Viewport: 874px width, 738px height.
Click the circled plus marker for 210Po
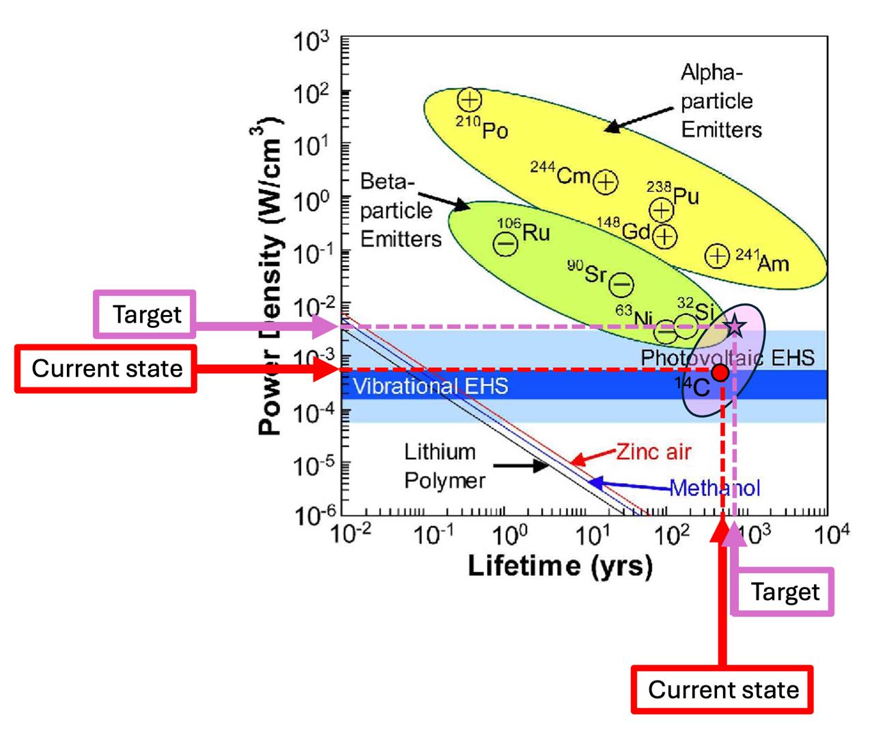point(469,100)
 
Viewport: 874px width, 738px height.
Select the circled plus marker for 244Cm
point(605,182)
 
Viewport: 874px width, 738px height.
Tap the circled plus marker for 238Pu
point(661,210)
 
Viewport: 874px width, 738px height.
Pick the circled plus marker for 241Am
point(717,256)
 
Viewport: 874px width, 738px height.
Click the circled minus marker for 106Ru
point(505,243)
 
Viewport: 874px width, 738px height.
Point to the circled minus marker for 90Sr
point(621,284)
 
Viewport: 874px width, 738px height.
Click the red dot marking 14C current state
point(720,372)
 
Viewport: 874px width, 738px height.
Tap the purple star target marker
point(735,326)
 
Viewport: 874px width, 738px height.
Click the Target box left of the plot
point(145,314)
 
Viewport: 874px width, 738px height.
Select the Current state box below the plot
point(722,689)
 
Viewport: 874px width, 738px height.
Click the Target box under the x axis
point(784,592)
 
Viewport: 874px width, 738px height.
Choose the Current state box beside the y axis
point(107,369)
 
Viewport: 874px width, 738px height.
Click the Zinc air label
point(653,452)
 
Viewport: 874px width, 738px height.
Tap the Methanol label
point(714,488)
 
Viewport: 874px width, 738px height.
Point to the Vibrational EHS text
point(431,387)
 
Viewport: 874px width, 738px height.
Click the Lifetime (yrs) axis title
point(560,566)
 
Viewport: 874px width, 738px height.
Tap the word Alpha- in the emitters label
point(711,72)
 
